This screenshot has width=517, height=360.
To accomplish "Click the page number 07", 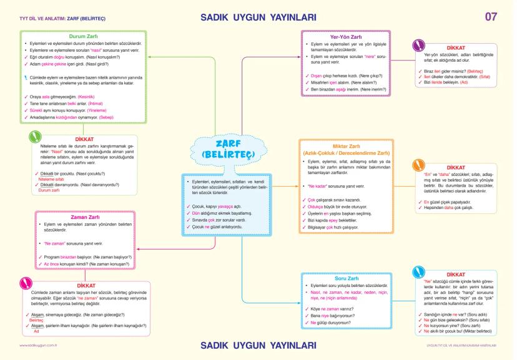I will pyautogui.click(x=491, y=17).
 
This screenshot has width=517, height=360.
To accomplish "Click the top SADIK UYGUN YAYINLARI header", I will pyautogui.click(x=258, y=17).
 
